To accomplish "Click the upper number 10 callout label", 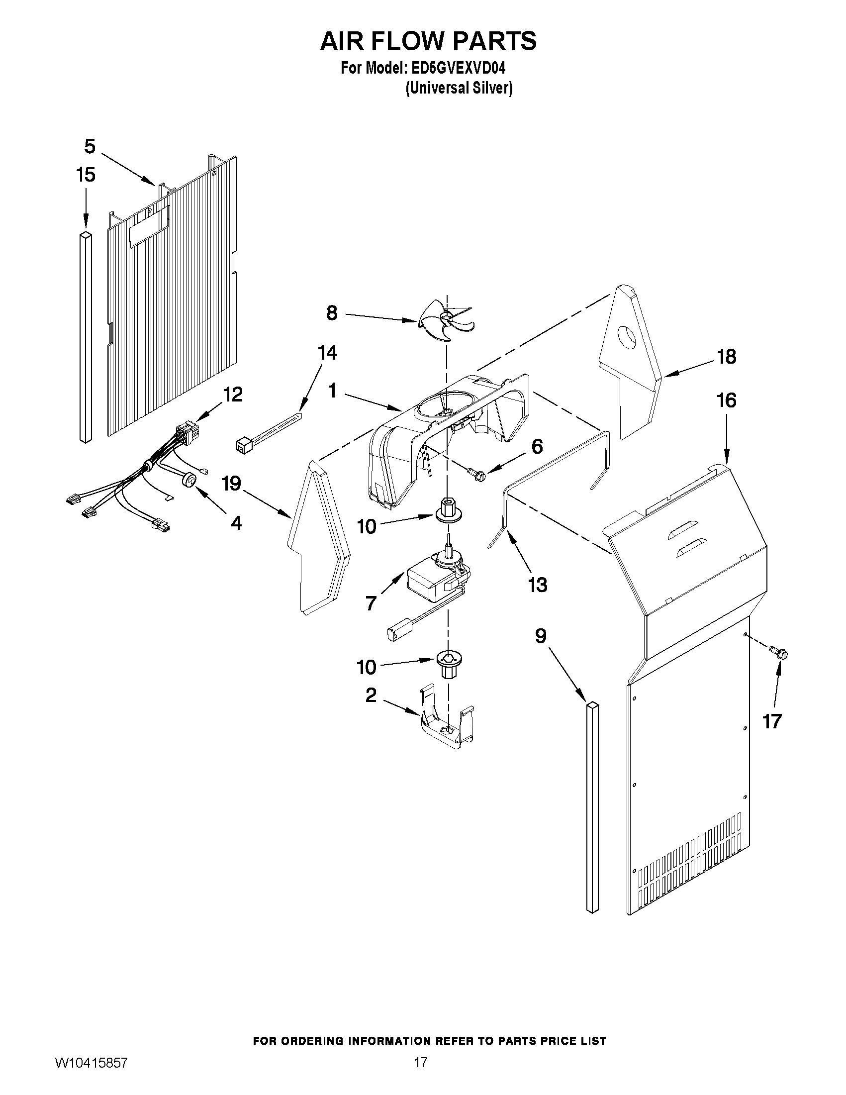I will (367, 526).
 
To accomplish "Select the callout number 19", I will (231, 484).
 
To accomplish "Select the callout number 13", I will (538, 585).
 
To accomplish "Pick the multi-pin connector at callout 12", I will (187, 432).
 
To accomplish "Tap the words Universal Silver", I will (459, 88).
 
